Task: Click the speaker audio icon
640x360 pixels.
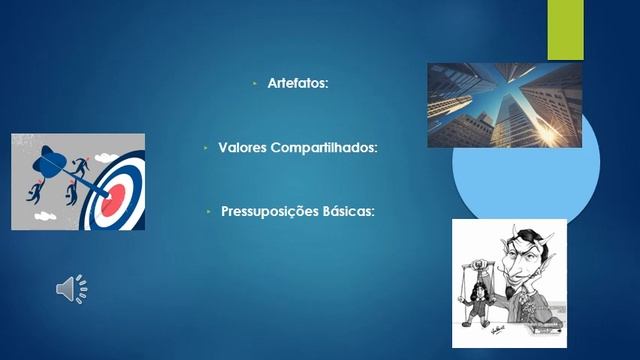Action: (x=71, y=289)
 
